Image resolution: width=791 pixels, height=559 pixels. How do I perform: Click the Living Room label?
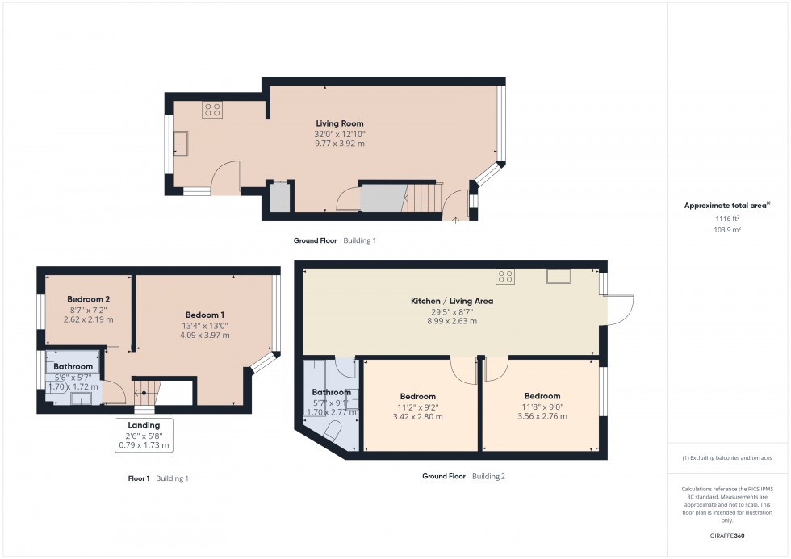(x=340, y=123)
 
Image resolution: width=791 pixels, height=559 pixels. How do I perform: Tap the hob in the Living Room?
(x=212, y=110)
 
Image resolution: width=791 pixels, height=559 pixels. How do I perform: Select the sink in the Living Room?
(x=180, y=144)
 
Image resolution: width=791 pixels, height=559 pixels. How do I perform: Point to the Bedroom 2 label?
(x=88, y=299)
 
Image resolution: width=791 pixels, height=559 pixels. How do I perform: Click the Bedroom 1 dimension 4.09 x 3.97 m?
(x=205, y=336)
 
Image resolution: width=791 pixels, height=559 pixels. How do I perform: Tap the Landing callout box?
(x=144, y=435)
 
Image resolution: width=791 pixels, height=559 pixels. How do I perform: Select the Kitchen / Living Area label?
(x=452, y=301)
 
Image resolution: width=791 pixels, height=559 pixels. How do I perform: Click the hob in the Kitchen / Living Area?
(x=505, y=276)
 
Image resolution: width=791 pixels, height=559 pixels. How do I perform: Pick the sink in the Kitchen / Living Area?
(x=559, y=276)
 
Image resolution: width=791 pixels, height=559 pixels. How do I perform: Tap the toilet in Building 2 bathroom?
(x=331, y=432)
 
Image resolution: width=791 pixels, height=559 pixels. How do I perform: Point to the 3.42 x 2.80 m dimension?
(x=418, y=417)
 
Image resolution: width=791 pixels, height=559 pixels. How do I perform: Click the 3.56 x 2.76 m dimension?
(x=542, y=416)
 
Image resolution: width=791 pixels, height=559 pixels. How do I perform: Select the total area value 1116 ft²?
(x=727, y=219)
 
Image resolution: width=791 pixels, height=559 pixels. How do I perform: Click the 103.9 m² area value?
(x=727, y=230)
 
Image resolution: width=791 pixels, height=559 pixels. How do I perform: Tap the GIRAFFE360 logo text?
(x=727, y=536)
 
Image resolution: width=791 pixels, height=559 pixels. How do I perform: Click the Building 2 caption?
(x=488, y=477)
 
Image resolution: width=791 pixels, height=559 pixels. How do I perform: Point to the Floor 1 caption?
(x=139, y=478)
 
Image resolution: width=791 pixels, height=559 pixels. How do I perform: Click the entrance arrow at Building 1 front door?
(x=455, y=220)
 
